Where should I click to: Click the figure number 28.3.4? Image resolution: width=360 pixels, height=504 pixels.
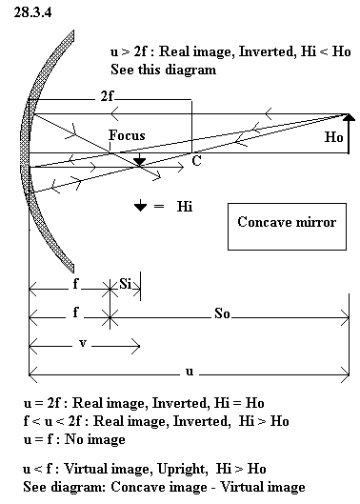(x=32, y=12)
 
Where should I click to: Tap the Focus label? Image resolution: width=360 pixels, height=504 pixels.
(x=127, y=135)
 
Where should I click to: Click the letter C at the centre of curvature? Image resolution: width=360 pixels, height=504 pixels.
(x=196, y=160)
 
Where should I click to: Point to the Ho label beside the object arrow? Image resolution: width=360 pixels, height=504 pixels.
(x=333, y=137)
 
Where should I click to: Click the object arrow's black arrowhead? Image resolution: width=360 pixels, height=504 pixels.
(x=349, y=117)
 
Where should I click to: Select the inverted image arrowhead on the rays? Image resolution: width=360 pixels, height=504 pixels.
(x=139, y=162)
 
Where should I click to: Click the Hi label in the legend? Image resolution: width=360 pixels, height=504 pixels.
(x=185, y=206)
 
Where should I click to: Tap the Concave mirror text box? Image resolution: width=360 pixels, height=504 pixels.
(x=287, y=227)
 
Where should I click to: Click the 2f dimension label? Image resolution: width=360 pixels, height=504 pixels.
(x=107, y=96)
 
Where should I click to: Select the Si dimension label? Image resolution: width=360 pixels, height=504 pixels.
(x=126, y=284)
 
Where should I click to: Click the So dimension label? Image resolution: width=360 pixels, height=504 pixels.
(x=222, y=313)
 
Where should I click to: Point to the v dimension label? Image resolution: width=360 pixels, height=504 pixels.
(x=83, y=344)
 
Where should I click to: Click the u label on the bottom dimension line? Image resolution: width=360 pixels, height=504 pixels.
(x=190, y=372)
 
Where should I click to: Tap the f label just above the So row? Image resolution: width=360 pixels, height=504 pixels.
(x=75, y=312)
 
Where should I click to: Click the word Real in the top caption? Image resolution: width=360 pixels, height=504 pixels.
(x=173, y=51)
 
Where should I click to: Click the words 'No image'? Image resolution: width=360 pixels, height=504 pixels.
(x=95, y=439)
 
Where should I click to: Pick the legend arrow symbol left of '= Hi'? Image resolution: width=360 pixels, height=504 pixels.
(x=140, y=206)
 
